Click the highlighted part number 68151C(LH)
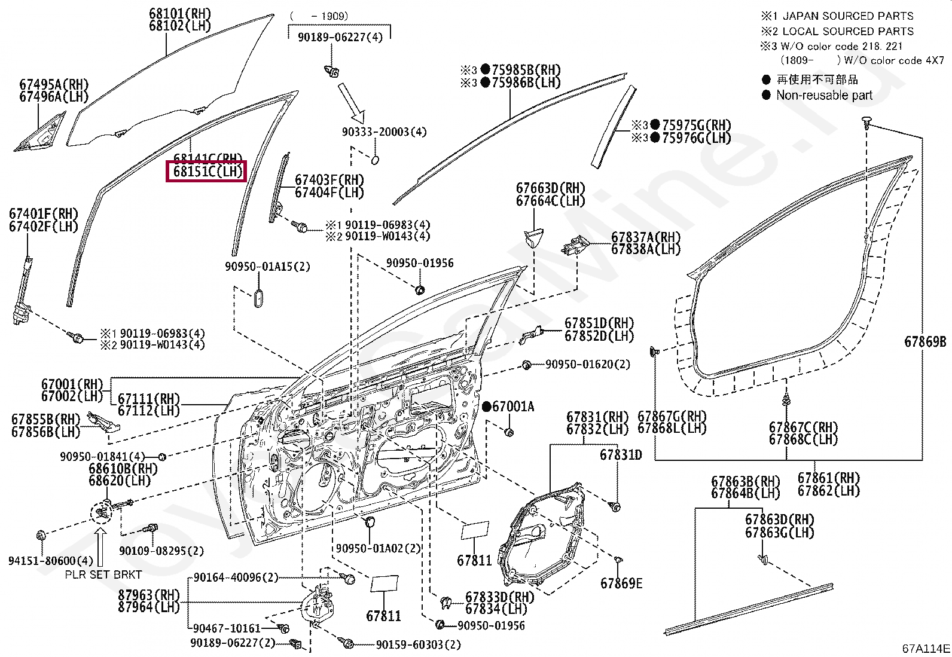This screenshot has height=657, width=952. coord(207,172)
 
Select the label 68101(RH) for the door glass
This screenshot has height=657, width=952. coord(179,14)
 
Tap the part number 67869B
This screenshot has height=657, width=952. coord(925,342)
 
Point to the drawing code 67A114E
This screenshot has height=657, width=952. coord(926,649)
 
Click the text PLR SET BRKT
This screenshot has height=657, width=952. coord(103,575)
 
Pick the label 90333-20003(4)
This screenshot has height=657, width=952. coord(384,132)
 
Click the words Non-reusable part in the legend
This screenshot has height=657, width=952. coord(824,95)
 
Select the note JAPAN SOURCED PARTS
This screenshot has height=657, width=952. coord(848,16)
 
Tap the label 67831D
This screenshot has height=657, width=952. coord(621,456)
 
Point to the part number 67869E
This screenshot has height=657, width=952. coord(621,583)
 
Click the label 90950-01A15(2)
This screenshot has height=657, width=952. coord(267,267)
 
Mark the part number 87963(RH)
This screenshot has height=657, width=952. coord(149,595)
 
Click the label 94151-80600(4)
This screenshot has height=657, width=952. coord(51,561)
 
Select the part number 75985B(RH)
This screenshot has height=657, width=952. coord(526,71)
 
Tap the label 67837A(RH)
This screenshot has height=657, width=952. coord(646,237)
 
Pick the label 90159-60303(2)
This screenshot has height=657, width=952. coord(419,645)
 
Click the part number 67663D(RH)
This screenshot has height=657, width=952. coord(550,188)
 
